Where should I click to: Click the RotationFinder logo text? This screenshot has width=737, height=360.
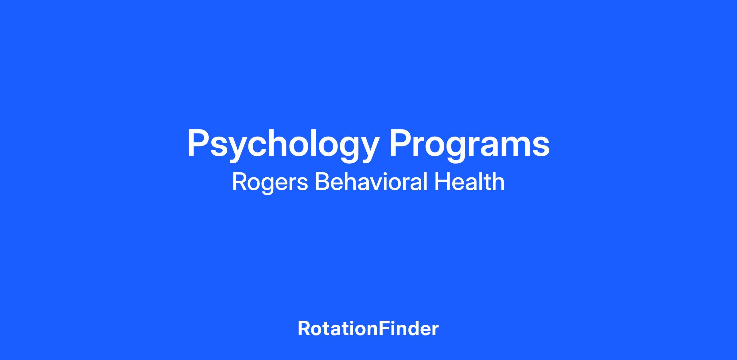[x=368, y=329]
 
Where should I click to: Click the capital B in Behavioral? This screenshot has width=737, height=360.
[x=322, y=181]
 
